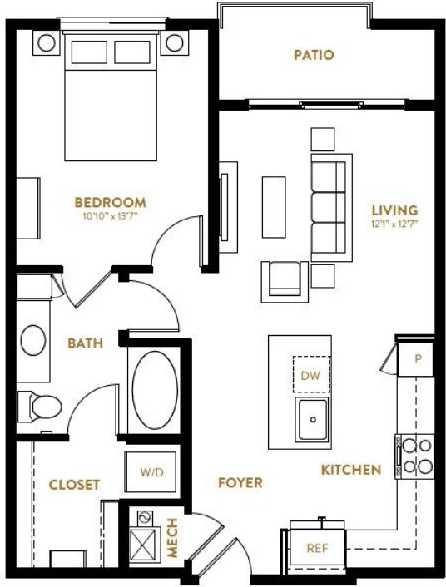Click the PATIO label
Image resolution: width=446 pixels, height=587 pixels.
[x=314, y=55]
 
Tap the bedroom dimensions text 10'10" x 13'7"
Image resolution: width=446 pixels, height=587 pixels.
[x=110, y=216]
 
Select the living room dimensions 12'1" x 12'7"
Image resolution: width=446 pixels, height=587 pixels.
[x=394, y=224]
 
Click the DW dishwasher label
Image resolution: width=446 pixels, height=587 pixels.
[x=310, y=375]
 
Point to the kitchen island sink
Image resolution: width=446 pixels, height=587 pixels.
[x=312, y=419]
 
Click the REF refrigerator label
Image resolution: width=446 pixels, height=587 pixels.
[x=318, y=549]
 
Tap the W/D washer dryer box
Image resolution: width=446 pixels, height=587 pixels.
[x=151, y=472]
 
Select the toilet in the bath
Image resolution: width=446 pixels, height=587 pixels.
[x=40, y=407]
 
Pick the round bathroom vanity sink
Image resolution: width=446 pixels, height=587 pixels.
[x=33, y=340]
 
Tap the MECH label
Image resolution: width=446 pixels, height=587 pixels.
[x=172, y=538]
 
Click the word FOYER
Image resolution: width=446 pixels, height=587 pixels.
[x=240, y=483]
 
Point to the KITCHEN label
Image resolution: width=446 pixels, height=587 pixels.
[x=351, y=470]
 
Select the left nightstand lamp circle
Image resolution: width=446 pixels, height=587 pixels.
[x=46, y=42]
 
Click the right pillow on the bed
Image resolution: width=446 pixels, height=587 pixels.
[x=132, y=52]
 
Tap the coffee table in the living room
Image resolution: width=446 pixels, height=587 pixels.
[x=274, y=207]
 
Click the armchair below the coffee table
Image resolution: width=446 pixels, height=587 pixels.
[x=285, y=282]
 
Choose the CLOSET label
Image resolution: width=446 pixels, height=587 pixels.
[x=74, y=485]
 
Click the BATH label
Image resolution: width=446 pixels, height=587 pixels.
[x=85, y=343]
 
